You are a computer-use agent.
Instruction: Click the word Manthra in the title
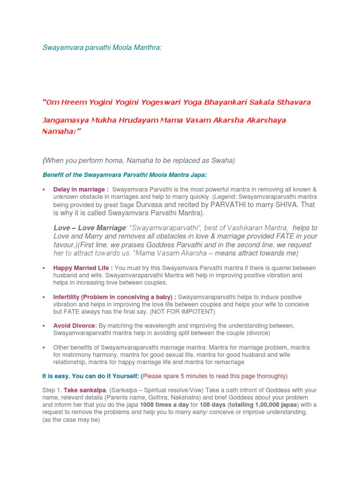(x=147, y=48)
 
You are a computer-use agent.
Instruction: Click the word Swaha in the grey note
(x=222, y=160)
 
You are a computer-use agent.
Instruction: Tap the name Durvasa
(x=150, y=205)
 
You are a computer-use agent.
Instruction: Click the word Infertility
(x=66, y=297)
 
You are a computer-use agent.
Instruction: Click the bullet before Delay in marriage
(x=43, y=189)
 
